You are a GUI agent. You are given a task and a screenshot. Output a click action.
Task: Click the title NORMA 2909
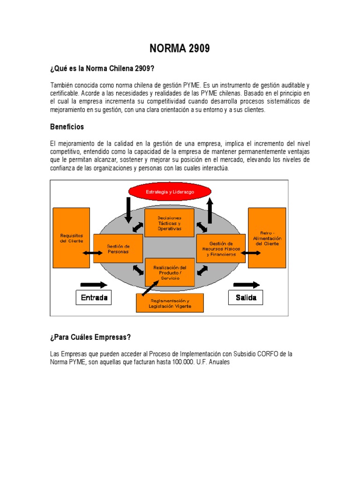click(x=180, y=48)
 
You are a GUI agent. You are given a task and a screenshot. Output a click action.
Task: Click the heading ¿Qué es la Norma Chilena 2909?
click(x=102, y=69)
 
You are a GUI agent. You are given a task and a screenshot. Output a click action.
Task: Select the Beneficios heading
click(x=67, y=127)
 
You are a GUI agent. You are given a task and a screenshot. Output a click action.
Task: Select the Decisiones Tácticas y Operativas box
click(x=169, y=223)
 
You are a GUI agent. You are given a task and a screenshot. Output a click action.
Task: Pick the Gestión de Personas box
click(x=118, y=249)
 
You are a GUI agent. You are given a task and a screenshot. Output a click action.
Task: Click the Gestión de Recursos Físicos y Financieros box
click(x=221, y=249)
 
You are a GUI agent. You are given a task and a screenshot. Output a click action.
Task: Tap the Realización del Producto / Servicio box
click(x=170, y=272)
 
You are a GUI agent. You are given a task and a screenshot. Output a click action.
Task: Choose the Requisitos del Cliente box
click(x=71, y=238)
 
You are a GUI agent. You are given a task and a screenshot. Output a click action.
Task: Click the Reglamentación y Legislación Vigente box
click(x=170, y=303)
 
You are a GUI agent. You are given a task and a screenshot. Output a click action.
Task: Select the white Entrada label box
click(x=94, y=298)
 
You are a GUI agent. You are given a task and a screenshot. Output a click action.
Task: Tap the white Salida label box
click(x=246, y=298)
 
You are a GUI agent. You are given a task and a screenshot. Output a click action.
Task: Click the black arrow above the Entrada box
click(x=94, y=285)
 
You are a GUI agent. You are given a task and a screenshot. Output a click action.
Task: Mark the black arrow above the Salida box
click(x=246, y=285)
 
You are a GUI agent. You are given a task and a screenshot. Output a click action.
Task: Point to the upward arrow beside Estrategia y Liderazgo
click(x=210, y=210)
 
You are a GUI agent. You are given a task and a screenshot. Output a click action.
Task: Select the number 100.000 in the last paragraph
click(x=181, y=363)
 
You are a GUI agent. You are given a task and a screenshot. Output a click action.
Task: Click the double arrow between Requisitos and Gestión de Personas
click(x=92, y=253)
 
